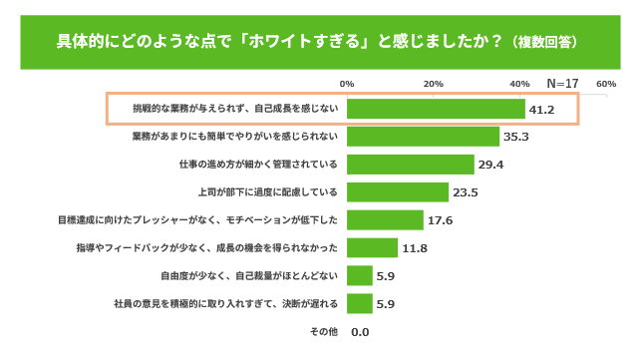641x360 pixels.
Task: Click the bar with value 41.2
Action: click(436, 109)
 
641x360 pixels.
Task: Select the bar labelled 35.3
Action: click(423, 137)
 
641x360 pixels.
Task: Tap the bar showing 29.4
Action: click(411, 165)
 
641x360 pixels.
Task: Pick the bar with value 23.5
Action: click(398, 192)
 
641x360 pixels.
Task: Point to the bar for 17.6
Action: click(385, 220)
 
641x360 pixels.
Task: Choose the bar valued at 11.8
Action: click(373, 248)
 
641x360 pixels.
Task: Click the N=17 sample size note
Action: click(562, 84)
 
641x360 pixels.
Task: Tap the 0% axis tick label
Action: click(347, 84)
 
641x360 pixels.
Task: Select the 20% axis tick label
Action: click(433, 84)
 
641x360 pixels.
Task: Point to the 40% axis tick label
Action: click(519, 84)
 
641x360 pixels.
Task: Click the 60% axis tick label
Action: click(606, 84)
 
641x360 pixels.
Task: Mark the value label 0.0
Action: click(360, 332)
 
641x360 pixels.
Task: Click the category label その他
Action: click(324, 331)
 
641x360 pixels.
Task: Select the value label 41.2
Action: click(541, 110)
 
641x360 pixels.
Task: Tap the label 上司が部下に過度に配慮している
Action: click(268, 192)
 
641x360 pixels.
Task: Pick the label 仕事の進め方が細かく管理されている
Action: click(258, 165)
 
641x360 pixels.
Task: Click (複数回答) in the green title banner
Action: click(544, 42)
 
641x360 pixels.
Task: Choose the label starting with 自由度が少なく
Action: click(249, 275)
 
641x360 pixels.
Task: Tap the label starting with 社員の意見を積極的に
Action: click(226, 303)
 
